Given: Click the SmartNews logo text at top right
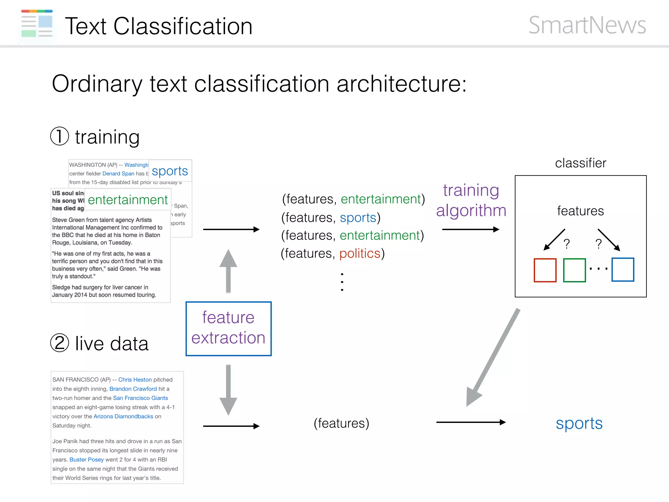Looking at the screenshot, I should point(587,25).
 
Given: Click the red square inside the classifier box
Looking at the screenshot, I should point(545,270).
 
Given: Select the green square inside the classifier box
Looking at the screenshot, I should point(574,270).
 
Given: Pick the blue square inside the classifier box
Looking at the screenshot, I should point(623,270).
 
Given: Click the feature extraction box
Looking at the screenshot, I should point(228,328).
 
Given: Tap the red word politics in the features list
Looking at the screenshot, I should point(360,254).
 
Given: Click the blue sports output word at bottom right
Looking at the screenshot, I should point(579,424).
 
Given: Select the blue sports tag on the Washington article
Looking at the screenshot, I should point(170,171).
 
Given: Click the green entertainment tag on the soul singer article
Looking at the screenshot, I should point(128,200).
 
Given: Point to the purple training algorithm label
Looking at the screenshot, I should point(471,200).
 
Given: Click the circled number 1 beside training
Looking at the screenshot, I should point(59,136).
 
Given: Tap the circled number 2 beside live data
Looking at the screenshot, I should point(59,343).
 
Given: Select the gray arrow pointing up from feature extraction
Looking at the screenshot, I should point(228,271).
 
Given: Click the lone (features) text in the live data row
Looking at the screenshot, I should point(341,423).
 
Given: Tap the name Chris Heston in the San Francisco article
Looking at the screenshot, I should point(135,380).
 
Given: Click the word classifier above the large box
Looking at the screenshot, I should point(580,163).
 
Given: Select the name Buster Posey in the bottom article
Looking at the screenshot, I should point(87,460).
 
